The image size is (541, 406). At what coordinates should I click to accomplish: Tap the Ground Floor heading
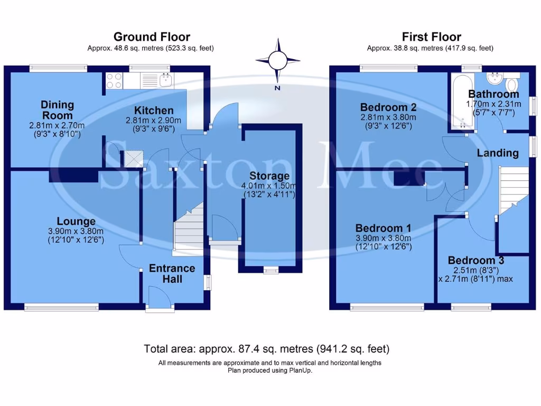(x=152, y=37)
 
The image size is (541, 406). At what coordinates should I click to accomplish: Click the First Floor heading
(x=431, y=37)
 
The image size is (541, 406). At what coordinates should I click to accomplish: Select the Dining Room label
(x=57, y=110)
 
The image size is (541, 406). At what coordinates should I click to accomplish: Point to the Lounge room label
(x=77, y=222)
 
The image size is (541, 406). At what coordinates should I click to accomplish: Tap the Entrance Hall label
(x=172, y=273)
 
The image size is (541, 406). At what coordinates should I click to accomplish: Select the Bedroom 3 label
(x=475, y=261)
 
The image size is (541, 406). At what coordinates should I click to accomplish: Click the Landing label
(x=497, y=153)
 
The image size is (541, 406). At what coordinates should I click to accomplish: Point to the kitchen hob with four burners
(x=115, y=80)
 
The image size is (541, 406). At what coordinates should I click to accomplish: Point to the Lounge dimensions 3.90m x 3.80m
(x=77, y=231)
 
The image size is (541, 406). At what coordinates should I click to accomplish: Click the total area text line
(x=267, y=349)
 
